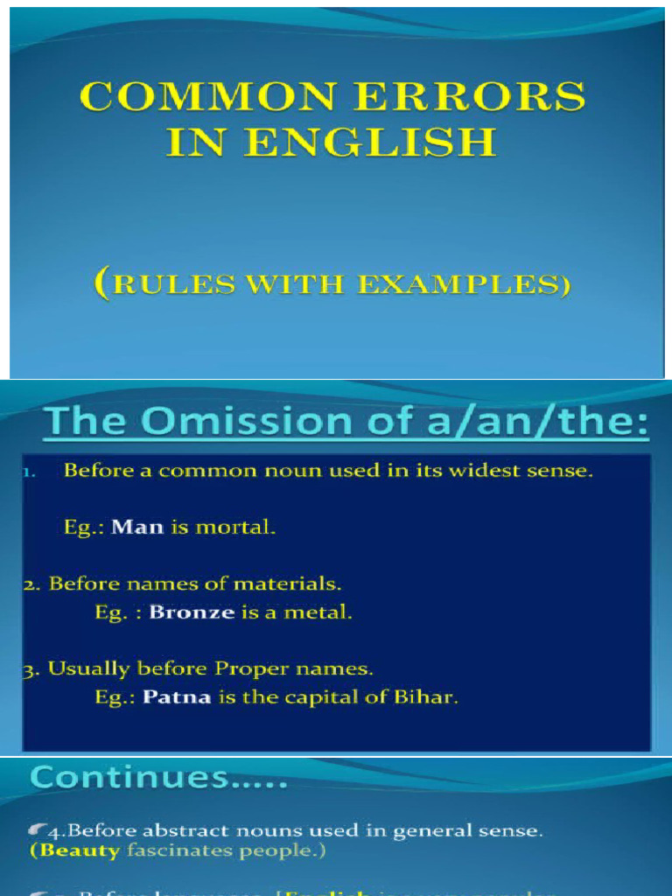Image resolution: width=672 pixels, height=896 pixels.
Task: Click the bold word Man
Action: tap(137, 528)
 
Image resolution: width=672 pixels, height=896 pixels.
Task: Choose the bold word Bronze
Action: tap(192, 612)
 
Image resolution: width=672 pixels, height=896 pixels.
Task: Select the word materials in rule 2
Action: tap(290, 583)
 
